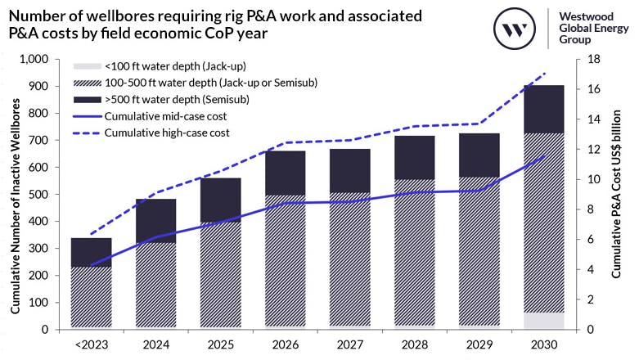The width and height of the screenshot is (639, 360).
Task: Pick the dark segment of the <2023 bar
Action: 92,252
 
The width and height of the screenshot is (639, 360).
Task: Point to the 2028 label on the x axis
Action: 412,344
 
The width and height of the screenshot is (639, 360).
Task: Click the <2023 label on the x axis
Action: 92,344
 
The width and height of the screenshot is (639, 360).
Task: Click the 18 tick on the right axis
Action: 592,60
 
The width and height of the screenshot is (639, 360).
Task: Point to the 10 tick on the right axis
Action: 592,180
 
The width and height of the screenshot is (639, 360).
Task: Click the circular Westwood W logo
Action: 515,30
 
